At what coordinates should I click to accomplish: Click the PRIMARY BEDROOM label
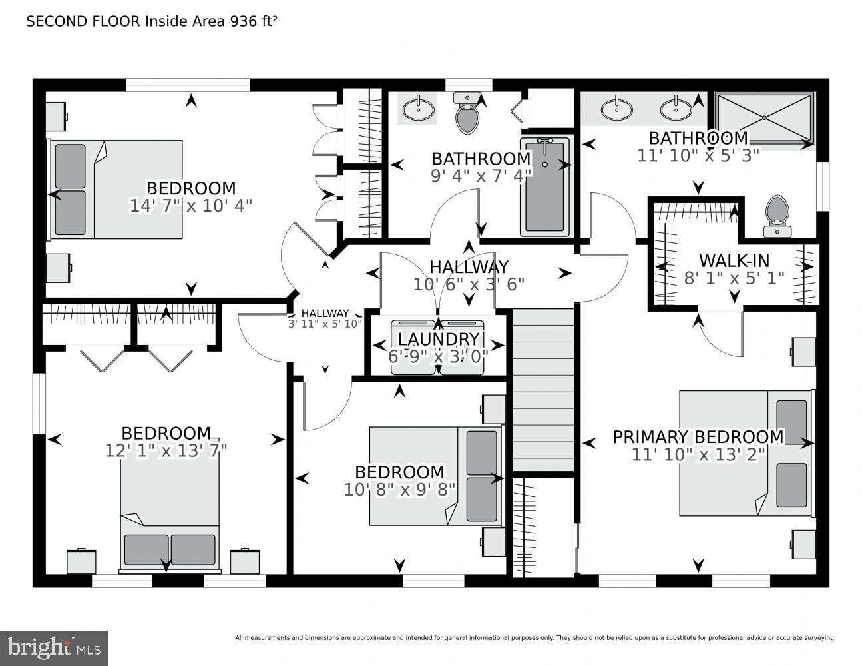[x=698, y=437]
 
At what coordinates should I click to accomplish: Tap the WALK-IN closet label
[x=734, y=260]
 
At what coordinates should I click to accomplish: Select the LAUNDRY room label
[x=438, y=340]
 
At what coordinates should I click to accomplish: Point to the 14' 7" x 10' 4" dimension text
[x=190, y=206]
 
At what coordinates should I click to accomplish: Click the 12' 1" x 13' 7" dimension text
[x=166, y=451]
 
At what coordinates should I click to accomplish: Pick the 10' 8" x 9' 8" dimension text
[x=399, y=490]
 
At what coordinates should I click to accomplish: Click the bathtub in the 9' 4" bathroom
[x=544, y=187]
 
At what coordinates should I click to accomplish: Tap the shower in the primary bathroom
[x=764, y=117]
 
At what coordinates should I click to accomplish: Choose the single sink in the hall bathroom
[x=417, y=109]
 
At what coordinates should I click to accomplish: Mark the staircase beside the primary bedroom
[x=542, y=390]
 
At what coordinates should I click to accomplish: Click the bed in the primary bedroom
[x=746, y=453]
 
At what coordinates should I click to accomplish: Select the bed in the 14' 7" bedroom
[x=116, y=189]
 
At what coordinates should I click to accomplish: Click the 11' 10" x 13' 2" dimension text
[x=698, y=454]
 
